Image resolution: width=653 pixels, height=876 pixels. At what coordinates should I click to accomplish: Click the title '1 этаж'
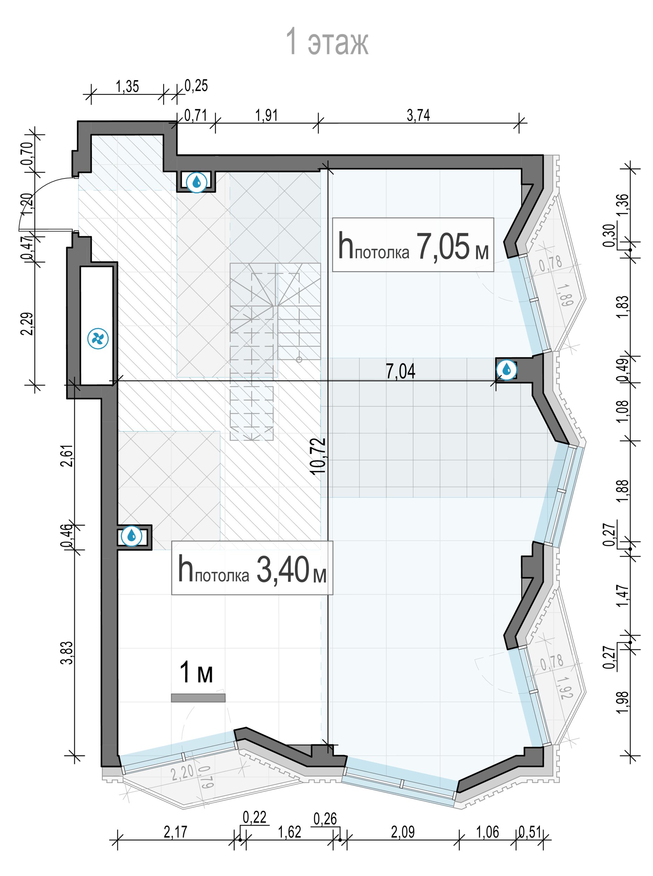327,41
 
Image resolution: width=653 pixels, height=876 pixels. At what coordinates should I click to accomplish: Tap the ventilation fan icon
98,339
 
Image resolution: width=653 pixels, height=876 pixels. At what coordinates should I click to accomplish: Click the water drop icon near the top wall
197,182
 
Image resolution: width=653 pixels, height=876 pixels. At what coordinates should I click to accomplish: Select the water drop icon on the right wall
506,370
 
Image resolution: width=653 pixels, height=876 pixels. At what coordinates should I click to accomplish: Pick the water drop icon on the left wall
131,536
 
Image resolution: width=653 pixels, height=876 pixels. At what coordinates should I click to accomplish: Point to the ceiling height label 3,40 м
252,569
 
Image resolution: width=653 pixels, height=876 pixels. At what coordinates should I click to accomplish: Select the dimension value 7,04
400,371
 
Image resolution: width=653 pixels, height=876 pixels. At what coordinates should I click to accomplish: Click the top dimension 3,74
418,115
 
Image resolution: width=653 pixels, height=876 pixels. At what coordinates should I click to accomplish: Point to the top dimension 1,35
127,86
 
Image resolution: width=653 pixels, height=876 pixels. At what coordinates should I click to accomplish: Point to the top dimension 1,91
266,115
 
